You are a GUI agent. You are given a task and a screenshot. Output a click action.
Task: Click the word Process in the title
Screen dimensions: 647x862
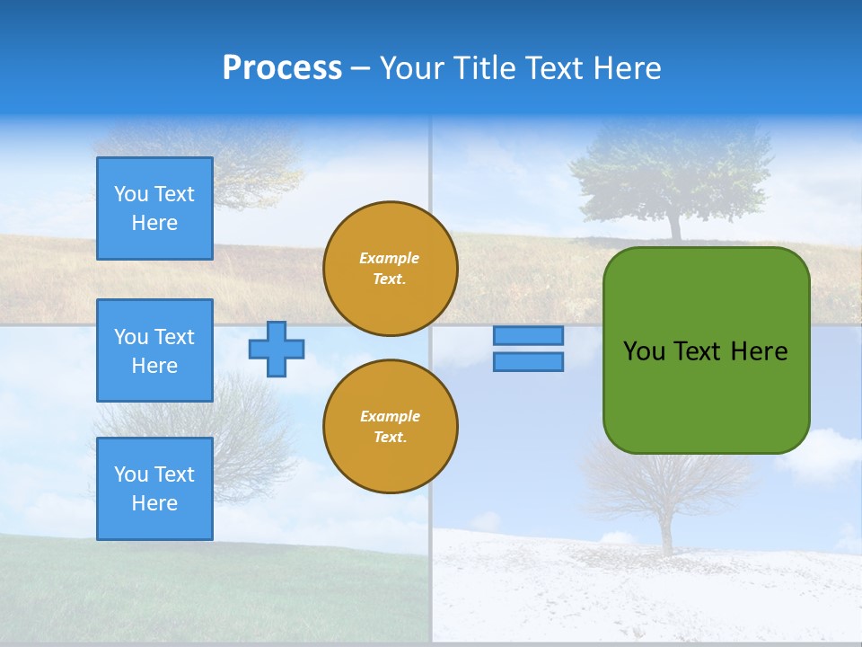pyautogui.click(x=282, y=68)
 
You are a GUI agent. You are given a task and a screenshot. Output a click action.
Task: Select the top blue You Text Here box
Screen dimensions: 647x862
pyautogui.click(x=154, y=208)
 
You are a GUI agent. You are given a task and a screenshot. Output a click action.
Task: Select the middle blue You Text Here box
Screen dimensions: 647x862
pyautogui.click(x=154, y=350)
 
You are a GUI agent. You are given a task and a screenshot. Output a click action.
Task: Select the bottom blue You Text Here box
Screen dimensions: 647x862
pyautogui.click(x=154, y=489)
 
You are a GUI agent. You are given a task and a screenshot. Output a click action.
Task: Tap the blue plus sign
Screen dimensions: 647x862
pyautogui.click(x=277, y=349)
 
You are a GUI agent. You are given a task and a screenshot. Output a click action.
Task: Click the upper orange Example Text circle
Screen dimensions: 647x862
pyautogui.click(x=390, y=269)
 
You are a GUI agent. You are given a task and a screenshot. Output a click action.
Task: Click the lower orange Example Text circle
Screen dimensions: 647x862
pyautogui.click(x=390, y=426)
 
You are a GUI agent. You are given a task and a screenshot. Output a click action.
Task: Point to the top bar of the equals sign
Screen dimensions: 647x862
pyautogui.click(x=528, y=335)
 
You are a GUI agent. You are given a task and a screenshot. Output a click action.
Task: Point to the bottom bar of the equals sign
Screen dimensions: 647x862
pyautogui.click(x=528, y=361)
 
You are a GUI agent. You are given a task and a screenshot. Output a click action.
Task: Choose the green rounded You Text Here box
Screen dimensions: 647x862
pyautogui.click(x=706, y=350)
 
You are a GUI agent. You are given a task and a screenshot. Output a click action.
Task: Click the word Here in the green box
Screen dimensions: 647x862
pyautogui.click(x=759, y=351)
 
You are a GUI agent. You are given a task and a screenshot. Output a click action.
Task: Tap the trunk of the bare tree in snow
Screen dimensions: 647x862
pyautogui.click(x=666, y=530)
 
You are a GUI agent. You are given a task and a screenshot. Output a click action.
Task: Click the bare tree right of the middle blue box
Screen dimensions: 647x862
pyautogui.click(x=242, y=422)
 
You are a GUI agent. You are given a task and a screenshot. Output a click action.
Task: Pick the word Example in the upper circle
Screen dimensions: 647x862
pyautogui.click(x=390, y=258)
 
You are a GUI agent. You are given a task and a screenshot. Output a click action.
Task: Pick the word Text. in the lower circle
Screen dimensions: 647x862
pyautogui.click(x=390, y=437)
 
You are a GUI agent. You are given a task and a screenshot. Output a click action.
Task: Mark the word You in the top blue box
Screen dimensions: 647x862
pyautogui.click(x=131, y=194)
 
